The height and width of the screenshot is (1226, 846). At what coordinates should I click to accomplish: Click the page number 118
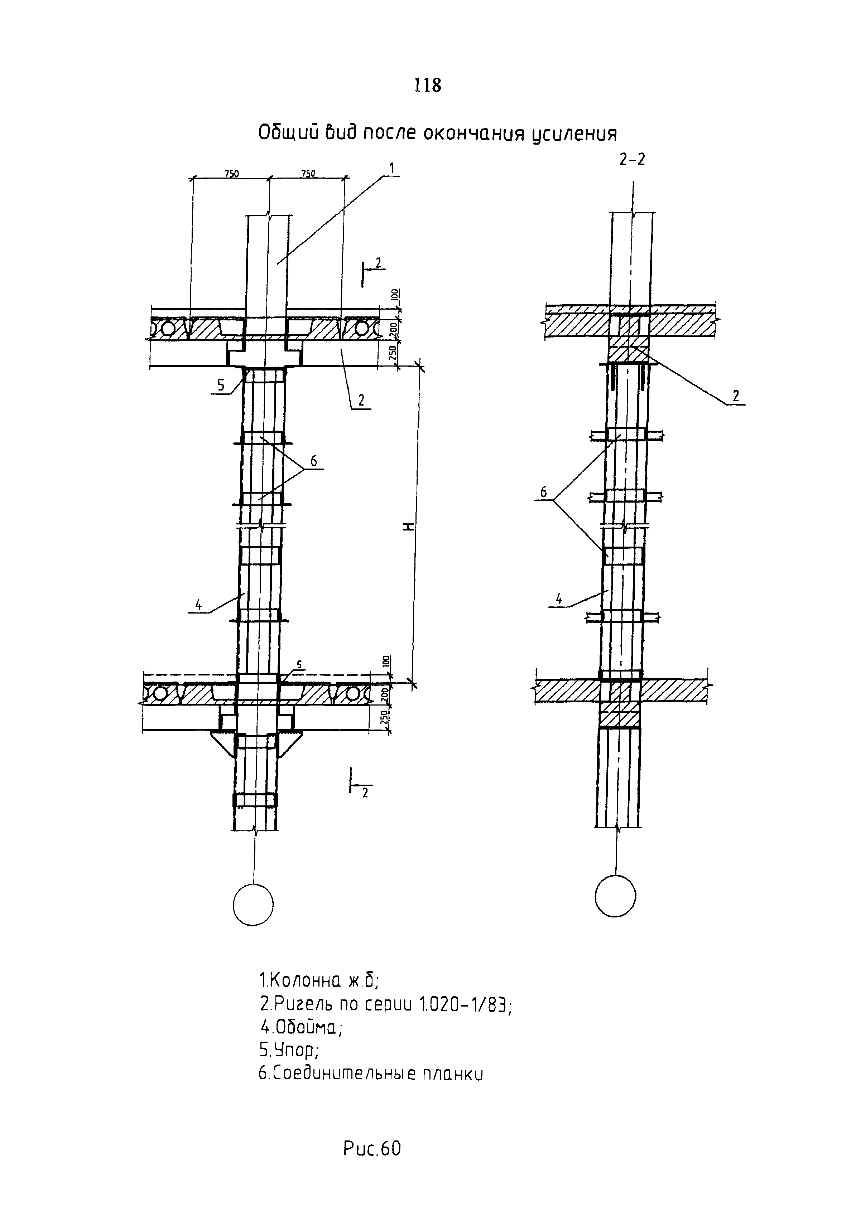pos(427,85)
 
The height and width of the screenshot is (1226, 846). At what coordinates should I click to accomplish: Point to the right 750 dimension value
pos(308,173)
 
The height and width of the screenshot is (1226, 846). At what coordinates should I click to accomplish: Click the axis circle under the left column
pos(253,905)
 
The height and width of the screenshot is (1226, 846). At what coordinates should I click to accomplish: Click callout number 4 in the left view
pos(198,605)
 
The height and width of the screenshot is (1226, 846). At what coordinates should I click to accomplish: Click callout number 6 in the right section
pos(543,492)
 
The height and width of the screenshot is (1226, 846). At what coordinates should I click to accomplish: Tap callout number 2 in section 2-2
pos(736,396)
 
